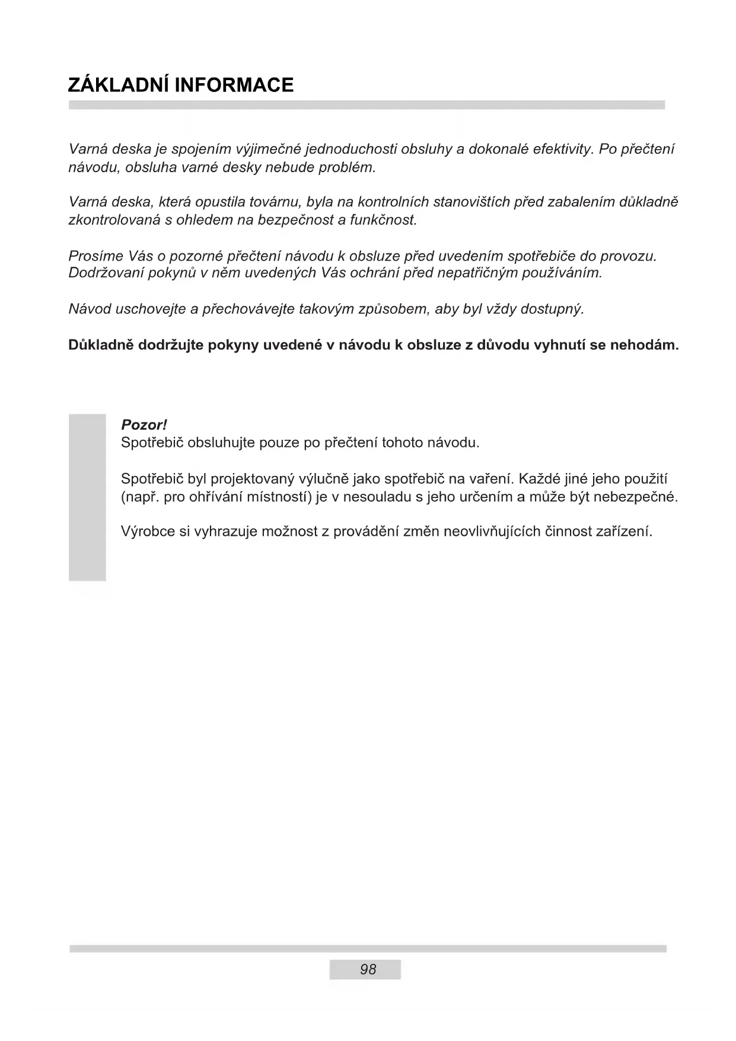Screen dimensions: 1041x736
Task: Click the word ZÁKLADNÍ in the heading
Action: pos(114,85)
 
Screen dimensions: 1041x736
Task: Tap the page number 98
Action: pos(368,969)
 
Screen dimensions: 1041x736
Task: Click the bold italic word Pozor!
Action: pos(144,425)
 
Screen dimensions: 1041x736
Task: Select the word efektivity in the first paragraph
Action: pos(562,149)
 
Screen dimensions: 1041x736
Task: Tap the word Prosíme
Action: pos(95,256)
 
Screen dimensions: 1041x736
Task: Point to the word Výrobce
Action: pos(147,531)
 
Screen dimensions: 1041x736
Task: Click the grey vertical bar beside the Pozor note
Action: pos(87,497)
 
